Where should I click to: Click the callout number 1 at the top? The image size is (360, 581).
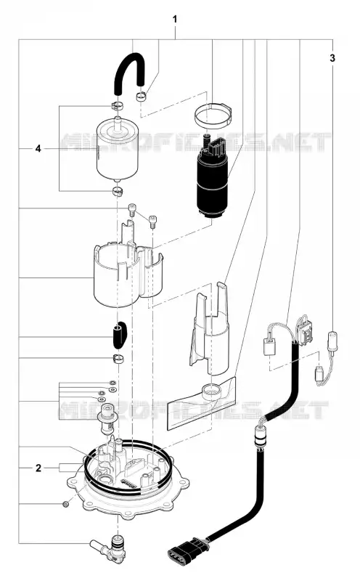coord(175,20)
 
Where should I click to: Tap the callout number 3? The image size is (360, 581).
coord(332,58)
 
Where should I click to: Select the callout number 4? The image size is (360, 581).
coord(38,149)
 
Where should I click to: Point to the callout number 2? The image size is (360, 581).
coord(38,468)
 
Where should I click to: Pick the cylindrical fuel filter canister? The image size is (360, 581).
coord(117,150)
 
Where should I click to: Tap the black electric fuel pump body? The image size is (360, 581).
coord(213,182)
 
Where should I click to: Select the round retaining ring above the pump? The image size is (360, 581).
coord(213,114)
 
